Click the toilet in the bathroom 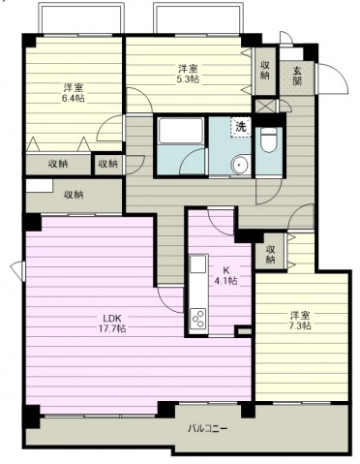pyautogui.click(x=269, y=140)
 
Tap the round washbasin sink pyautogui.click(x=239, y=164)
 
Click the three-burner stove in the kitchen pyautogui.click(x=198, y=319)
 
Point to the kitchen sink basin pyautogui.click(x=198, y=264)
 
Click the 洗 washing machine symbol pyautogui.click(x=241, y=127)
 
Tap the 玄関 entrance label pyautogui.click(x=297, y=76)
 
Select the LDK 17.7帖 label pyautogui.click(x=112, y=324)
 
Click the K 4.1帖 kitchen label pyautogui.click(x=225, y=275)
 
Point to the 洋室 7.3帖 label pyautogui.click(x=300, y=320)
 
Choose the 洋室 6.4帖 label pyautogui.click(x=74, y=93)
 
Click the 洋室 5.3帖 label pyautogui.click(x=189, y=74)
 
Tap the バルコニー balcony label pyautogui.click(x=208, y=429)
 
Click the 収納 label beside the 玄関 pyautogui.click(x=265, y=70)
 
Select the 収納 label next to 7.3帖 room pyautogui.click(x=270, y=254)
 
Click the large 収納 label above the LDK pyautogui.click(x=74, y=195)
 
